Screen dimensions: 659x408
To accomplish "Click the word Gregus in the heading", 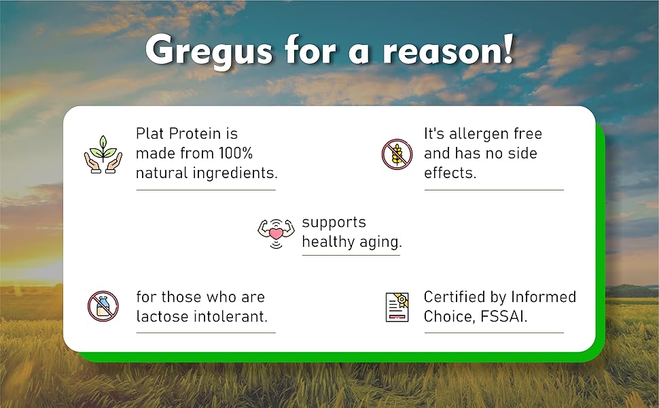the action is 209,51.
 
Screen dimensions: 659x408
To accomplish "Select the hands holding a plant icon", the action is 103,154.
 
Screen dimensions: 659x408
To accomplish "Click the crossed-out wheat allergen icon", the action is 397,154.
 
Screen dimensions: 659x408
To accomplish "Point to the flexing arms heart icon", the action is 276,233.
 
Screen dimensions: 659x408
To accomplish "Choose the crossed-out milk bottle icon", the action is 103,306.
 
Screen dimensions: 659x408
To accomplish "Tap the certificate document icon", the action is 397,307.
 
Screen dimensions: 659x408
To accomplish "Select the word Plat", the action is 149,133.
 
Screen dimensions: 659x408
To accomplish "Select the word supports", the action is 334,223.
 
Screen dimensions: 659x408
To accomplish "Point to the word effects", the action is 450,173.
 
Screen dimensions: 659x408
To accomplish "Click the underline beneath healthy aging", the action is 351,255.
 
